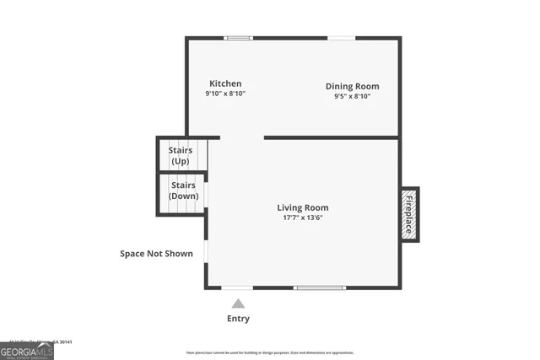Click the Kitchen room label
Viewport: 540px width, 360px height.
pyautogui.click(x=225, y=83)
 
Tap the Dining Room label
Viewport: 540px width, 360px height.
pyautogui.click(x=353, y=86)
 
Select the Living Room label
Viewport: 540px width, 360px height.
pyautogui.click(x=303, y=207)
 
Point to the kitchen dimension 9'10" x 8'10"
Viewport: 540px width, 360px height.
pyautogui.click(x=225, y=94)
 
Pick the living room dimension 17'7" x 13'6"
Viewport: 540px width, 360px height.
pyautogui.click(x=303, y=218)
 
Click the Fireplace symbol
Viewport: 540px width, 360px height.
pyautogui.click(x=409, y=214)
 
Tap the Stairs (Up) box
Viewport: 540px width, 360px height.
pyautogui.click(x=181, y=155)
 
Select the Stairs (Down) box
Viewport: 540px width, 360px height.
pyautogui.click(x=183, y=191)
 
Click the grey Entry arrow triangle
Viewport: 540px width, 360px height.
pyautogui.click(x=238, y=304)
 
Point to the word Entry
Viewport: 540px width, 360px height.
pyautogui.click(x=238, y=319)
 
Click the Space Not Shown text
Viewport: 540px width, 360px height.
pyautogui.click(x=156, y=254)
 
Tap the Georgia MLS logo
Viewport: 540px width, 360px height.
pyautogui.click(x=26, y=351)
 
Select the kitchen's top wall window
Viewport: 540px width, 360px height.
pyautogui.click(x=238, y=37)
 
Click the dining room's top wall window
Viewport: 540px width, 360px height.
pyautogui.click(x=341, y=37)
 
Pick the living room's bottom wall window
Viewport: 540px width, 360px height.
pyautogui.click(x=319, y=288)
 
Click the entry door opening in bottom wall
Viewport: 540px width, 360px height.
pyautogui.click(x=237, y=288)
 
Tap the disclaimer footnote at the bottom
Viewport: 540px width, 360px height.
pyautogui.click(x=270, y=352)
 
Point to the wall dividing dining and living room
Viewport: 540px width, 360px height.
pyautogui.click(x=331, y=137)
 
